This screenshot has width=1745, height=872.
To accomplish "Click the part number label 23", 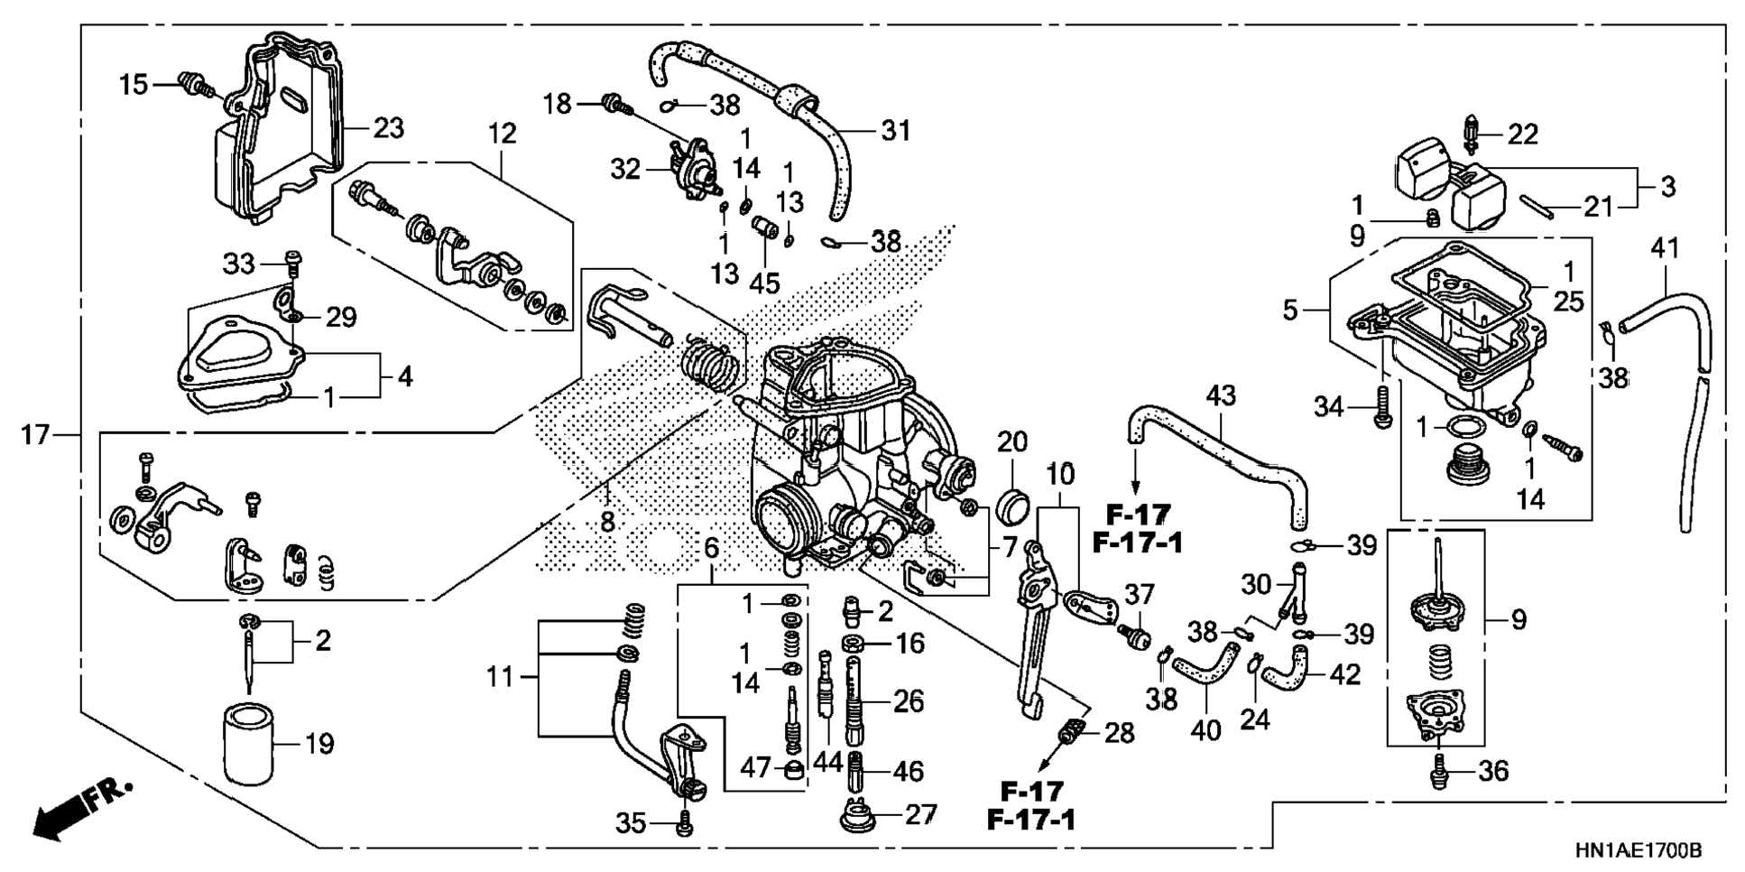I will [388, 128].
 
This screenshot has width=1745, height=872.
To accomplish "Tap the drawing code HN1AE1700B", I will [1639, 850].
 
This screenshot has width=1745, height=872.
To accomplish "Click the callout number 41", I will [1665, 247].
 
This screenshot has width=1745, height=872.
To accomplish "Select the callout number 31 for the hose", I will [895, 132].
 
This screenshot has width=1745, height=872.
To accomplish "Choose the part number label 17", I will [35, 435].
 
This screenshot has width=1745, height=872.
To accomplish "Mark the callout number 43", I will [1221, 395].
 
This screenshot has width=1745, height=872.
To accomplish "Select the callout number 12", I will [502, 134].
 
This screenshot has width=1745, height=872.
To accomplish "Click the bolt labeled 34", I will [1381, 407].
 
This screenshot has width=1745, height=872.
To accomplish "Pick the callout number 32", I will [624, 170].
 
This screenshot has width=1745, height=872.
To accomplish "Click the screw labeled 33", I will [292, 262].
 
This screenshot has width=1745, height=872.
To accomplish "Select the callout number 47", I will [755, 768].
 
